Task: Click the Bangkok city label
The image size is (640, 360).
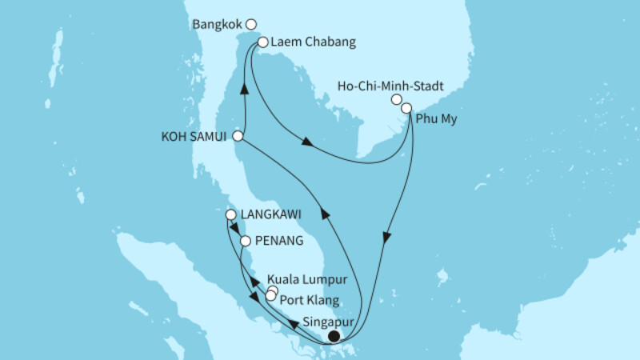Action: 218,25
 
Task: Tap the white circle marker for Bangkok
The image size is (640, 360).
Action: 252,25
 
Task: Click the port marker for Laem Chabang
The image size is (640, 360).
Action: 262,42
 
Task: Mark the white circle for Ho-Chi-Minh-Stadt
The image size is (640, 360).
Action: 396,100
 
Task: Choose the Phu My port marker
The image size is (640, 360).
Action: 406,107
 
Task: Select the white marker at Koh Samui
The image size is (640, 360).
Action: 238,137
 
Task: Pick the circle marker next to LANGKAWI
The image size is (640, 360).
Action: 230,215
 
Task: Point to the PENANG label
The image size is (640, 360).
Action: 280,240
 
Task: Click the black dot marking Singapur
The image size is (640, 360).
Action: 334,337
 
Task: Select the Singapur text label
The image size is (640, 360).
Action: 330,322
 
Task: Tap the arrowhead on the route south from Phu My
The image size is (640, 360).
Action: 387,238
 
